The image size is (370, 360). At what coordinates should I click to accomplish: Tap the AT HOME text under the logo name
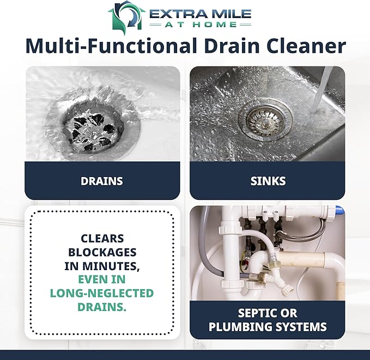pyautogui.click(x=199, y=25)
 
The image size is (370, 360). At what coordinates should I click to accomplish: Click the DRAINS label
pyautogui.click(x=102, y=181)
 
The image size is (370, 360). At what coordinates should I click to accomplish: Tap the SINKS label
pyautogui.click(x=267, y=181)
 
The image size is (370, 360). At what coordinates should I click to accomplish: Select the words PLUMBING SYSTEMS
pyautogui.click(x=267, y=327)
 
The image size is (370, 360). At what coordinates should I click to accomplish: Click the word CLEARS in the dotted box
pyautogui.click(x=102, y=239)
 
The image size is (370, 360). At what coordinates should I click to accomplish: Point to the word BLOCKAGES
pyautogui.click(x=102, y=252)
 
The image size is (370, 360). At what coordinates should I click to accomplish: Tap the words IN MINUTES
pyautogui.click(x=102, y=266)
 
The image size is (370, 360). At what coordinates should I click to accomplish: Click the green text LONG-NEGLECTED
pyautogui.click(x=102, y=294)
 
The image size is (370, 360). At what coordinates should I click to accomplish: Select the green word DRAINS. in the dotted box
pyautogui.click(x=102, y=307)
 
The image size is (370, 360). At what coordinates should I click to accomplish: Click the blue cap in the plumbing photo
pyautogui.click(x=339, y=210)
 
